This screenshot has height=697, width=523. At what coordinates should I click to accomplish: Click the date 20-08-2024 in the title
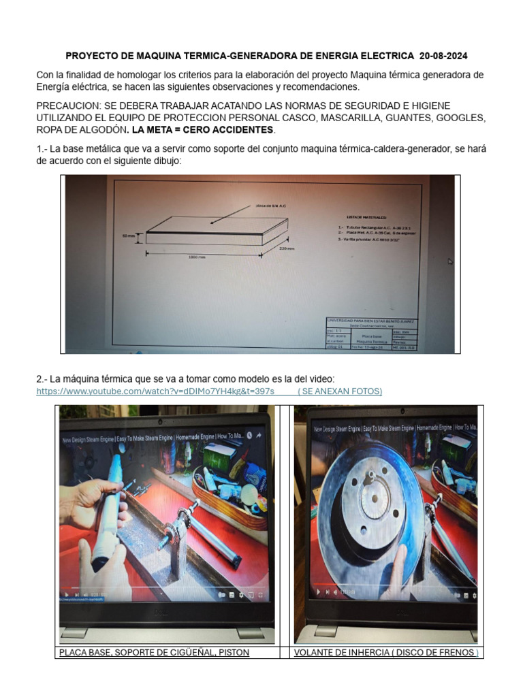[x=443, y=55]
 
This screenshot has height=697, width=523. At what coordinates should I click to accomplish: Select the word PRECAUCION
[x=67, y=106]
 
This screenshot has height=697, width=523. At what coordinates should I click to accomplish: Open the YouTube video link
[x=155, y=391]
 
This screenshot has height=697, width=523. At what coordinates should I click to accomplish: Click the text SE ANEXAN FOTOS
[x=340, y=391]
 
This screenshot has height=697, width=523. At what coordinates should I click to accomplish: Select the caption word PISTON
[x=232, y=653]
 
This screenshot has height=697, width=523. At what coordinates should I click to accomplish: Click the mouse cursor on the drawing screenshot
[x=449, y=261]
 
